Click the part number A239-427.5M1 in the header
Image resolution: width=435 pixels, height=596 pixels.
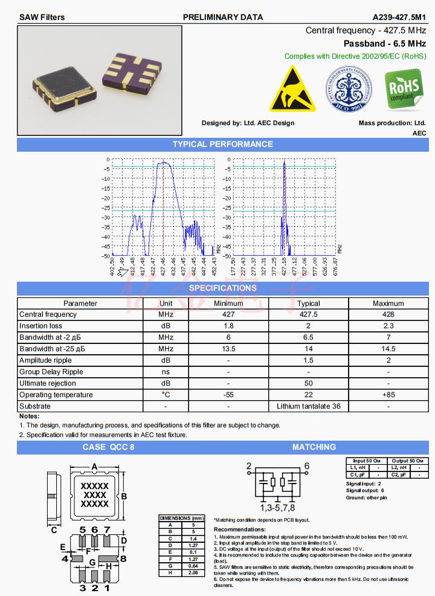click(x=399, y=18)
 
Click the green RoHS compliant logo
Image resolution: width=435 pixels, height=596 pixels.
click(x=403, y=88)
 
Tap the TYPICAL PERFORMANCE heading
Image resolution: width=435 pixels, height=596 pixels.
click(x=223, y=144)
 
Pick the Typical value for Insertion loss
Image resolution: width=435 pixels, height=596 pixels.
click(x=309, y=326)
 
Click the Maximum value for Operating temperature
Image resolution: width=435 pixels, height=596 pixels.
click(x=388, y=395)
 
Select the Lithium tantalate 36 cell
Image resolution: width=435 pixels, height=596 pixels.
click(x=309, y=406)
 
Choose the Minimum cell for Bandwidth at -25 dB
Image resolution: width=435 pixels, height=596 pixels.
click(x=228, y=349)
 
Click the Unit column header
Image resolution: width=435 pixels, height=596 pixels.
click(x=166, y=303)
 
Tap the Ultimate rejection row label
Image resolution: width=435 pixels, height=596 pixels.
click(x=48, y=383)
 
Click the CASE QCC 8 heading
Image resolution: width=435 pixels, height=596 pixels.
click(x=108, y=447)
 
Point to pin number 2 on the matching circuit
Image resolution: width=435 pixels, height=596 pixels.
click(x=249, y=466)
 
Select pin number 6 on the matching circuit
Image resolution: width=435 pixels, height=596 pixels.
click(x=306, y=466)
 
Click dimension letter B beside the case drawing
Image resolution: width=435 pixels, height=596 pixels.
click(x=123, y=496)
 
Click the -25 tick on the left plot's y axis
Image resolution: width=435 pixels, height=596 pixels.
click(x=106, y=208)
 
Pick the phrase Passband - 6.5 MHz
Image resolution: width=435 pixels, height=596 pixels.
click(x=385, y=44)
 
